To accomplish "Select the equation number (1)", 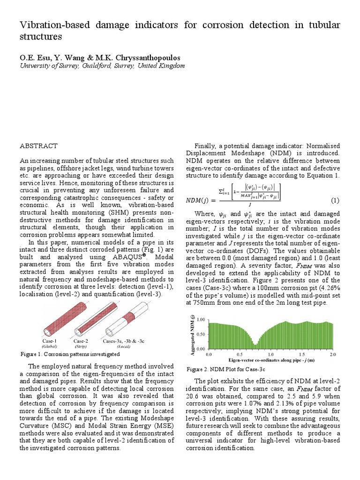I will coord(335,201).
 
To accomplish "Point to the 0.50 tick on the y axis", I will coord(200,334).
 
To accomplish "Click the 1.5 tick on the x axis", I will coord(302,355).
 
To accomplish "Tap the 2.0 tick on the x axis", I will coord(333,355).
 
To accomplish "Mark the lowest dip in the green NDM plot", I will coord(255,345).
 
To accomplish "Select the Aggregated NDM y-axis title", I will coord(191,334).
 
